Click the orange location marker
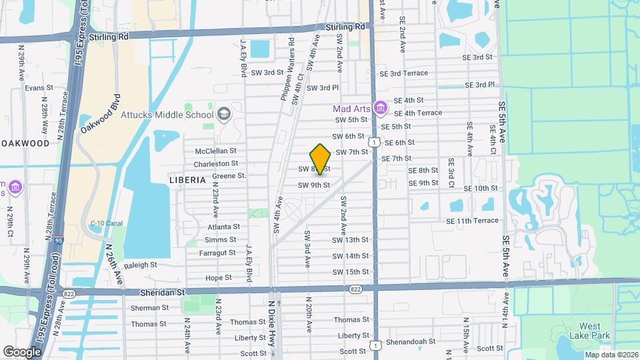[x=321, y=159]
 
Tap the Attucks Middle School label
[x=167, y=114]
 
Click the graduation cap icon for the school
[x=223, y=113]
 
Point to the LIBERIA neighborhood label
[x=187, y=180]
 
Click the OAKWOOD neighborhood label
[x=25, y=143]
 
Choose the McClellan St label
[x=215, y=151]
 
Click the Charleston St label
[x=216, y=163]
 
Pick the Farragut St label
[x=217, y=253]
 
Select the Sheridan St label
[x=161, y=292]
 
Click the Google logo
[x=22, y=351]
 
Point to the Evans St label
[x=39, y=88]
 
